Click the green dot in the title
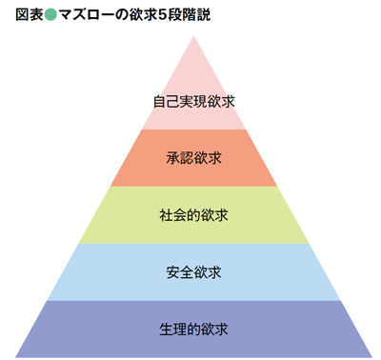[x=50, y=16]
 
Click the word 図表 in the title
[x=28, y=16]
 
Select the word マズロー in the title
[x=87, y=16]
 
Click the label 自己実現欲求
[x=193, y=100]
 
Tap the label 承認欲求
[x=193, y=157]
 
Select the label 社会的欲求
[x=193, y=214]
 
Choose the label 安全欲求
[x=193, y=272]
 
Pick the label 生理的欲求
[x=193, y=330]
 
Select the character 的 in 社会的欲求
[x=193, y=214]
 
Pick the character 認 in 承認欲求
[x=187, y=157]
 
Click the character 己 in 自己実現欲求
[x=173, y=100]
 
